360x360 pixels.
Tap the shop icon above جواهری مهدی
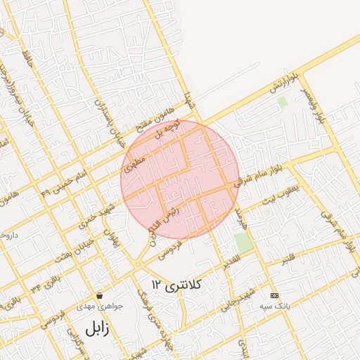pos(100,296)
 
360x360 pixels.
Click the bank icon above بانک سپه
pos(274,296)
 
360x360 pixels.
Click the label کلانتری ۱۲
pos(176,284)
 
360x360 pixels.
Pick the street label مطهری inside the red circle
pos(134,165)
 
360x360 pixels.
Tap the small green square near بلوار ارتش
pos(283,102)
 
